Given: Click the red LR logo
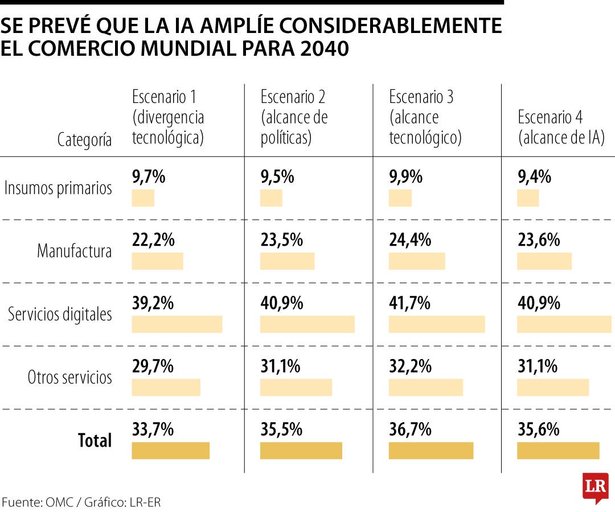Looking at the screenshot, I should click(x=595, y=488).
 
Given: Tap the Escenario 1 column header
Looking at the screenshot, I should click(x=168, y=117).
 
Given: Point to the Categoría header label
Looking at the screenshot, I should click(x=84, y=139).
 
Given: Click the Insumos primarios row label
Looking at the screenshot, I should click(x=58, y=188).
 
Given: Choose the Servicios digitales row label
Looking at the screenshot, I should click(x=60, y=314).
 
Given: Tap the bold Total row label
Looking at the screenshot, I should click(x=95, y=440).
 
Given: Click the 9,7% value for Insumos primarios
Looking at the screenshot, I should click(x=149, y=177).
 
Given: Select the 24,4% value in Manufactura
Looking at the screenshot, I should click(x=409, y=241).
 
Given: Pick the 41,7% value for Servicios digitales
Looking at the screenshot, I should click(x=409, y=303).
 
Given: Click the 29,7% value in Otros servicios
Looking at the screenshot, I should click(x=153, y=366).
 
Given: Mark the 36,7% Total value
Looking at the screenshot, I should click(x=409, y=430).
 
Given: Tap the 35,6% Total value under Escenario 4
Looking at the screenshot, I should click(x=538, y=430).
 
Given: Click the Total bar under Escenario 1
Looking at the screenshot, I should click(x=171, y=451).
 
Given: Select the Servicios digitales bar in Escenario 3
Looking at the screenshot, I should click(x=437, y=324).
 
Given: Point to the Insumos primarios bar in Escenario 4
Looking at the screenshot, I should click(x=528, y=199).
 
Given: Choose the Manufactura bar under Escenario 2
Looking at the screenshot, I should click(x=287, y=261).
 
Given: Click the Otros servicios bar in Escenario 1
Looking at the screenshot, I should click(x=166, y=387).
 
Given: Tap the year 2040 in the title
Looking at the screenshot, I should click(x=322, y=49).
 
